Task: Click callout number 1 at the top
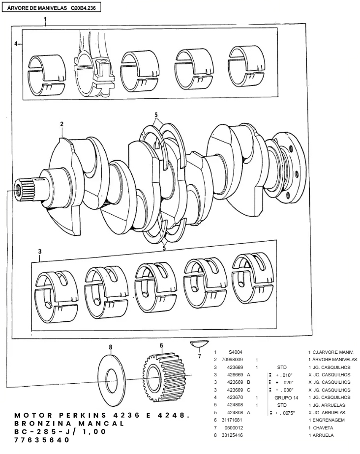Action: pos(45,21)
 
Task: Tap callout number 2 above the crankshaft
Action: pos(62,124)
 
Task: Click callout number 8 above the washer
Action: pos(111,347)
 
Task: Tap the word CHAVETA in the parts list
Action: pos(323,427)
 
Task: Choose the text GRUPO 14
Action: pos(286,397)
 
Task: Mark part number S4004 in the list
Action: pos(235,352)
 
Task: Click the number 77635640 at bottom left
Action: pos(42,440)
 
